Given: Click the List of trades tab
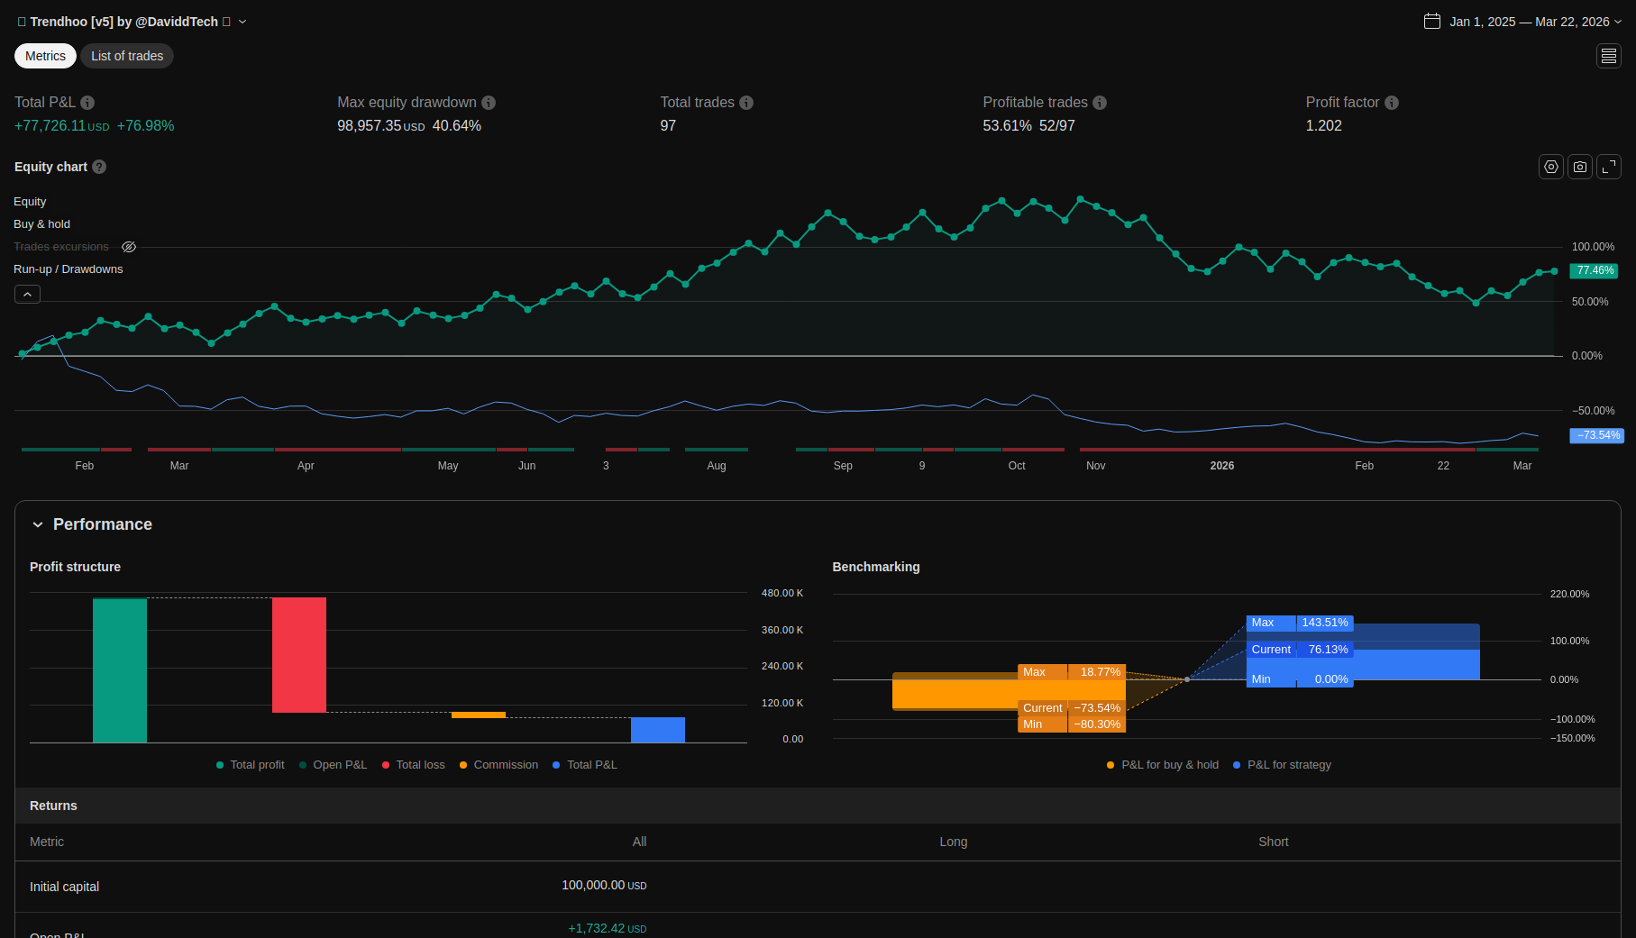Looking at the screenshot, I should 127,56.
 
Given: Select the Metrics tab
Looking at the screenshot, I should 45,56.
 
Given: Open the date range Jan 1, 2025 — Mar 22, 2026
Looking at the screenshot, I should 1529,22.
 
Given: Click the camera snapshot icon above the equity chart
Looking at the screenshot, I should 1580,167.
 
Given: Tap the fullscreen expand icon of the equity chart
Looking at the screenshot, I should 1609,167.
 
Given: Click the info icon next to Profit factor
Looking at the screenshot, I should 1392,103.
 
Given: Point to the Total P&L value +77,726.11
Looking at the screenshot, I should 50,126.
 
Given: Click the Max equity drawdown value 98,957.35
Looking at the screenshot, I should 370,126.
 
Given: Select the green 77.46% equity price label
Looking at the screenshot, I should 1595,270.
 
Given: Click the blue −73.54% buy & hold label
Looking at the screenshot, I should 1597,435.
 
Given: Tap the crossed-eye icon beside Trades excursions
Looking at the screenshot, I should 129,247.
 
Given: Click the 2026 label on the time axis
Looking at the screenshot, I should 1222,466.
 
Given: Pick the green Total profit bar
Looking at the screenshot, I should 120,669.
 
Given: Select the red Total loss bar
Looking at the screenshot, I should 299,655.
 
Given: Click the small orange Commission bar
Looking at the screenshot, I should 478,715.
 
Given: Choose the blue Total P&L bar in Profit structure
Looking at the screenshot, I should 658,730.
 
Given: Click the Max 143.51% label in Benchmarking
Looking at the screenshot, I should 1299,623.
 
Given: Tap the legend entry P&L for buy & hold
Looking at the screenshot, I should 1169,765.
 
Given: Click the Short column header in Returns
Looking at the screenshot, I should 1273,842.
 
